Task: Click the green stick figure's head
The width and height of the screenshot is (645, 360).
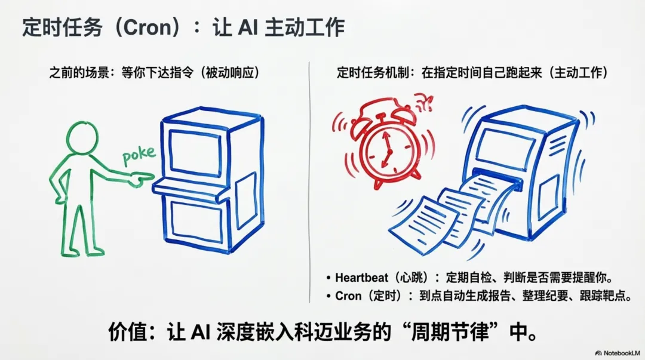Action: (82, 139)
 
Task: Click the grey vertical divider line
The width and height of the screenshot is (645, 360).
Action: (309, 179)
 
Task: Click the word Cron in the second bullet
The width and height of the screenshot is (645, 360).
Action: (348, 296)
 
